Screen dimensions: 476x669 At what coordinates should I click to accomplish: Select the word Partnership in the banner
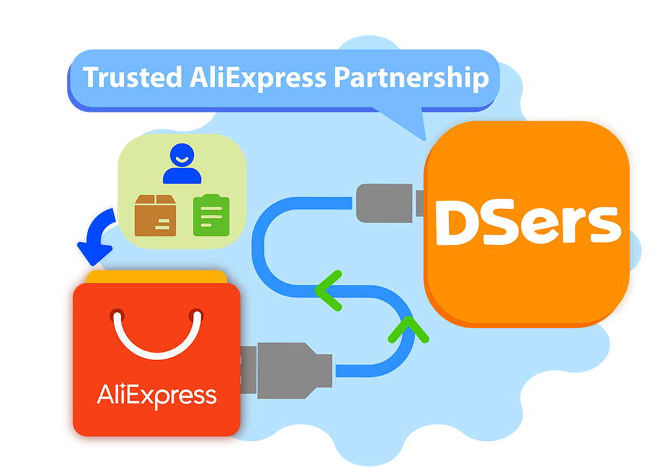410,77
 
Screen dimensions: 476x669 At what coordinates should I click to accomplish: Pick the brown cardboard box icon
155,216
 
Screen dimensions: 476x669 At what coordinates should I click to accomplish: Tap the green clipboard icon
211,216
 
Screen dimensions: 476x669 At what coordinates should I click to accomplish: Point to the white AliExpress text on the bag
157,395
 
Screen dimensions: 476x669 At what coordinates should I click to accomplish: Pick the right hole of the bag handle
197,315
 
